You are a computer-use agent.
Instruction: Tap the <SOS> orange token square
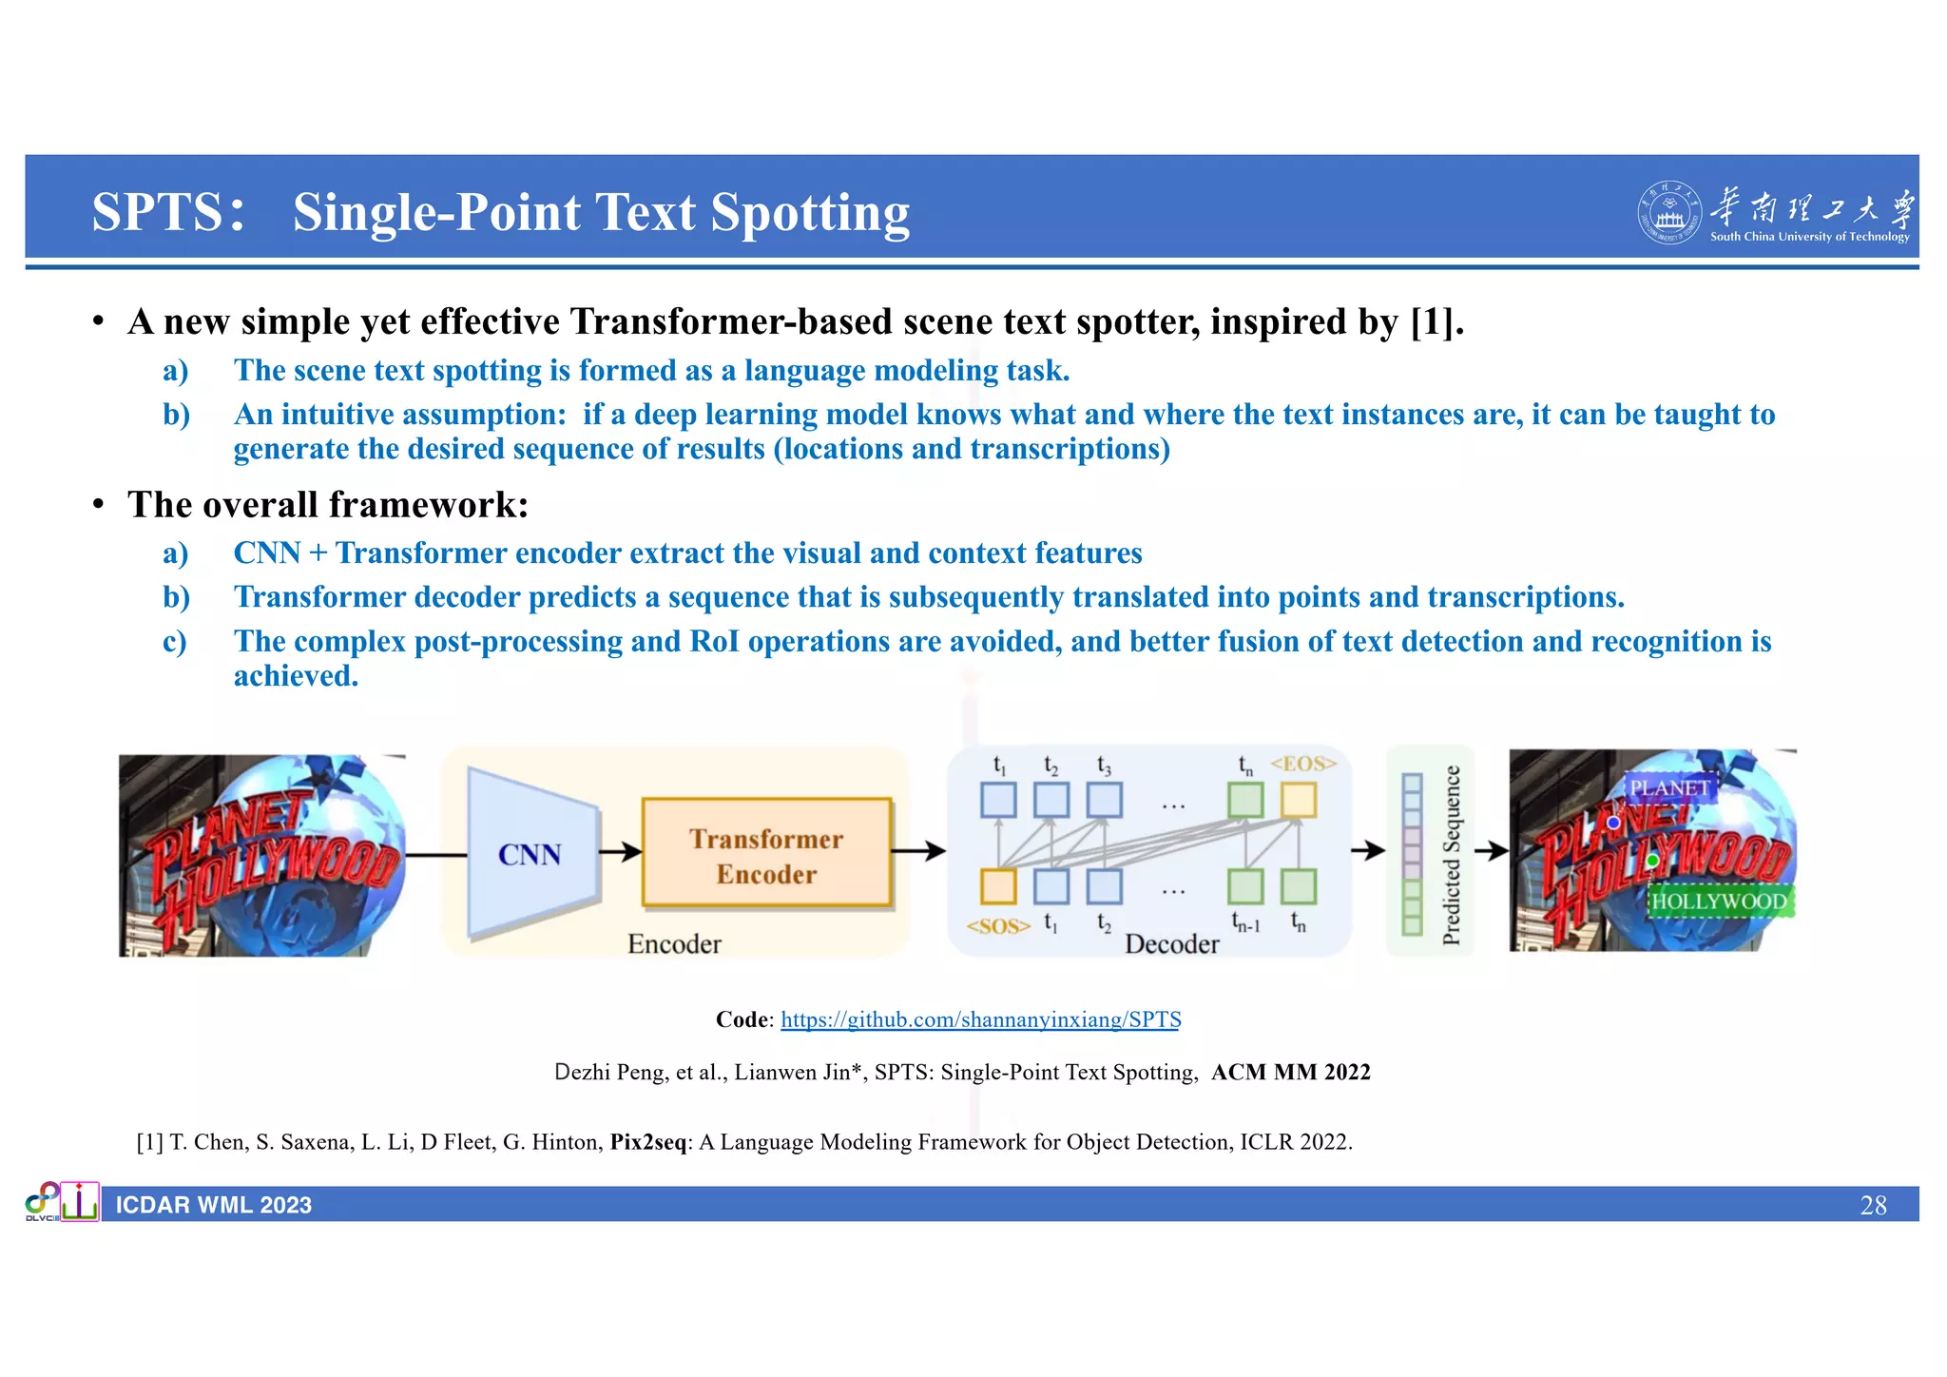click(998, 885)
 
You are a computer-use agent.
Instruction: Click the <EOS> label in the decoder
click(1303, 763)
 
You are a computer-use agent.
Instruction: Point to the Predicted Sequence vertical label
click(1451, 854)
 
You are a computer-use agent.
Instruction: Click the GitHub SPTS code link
click(980, 1019)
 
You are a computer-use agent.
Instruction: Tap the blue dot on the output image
click(1613, 822)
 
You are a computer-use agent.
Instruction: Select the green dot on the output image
click(1652, 861)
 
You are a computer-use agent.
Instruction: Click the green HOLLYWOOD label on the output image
click(1719, 901)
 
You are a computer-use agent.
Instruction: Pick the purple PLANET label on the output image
click(1670, 787)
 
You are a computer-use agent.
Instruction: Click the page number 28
click(1872, 1205)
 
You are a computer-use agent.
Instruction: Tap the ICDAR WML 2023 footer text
click(214, 1205)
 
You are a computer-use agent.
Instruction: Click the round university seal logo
click(1667, 213)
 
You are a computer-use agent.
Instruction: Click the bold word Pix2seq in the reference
click(648, 1141)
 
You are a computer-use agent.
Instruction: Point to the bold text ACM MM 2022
click(1290, 1072)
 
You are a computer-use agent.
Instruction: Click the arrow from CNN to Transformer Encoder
click(620, 851)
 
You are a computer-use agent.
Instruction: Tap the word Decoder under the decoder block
click(1171, 943)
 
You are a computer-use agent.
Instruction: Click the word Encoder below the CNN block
click(674, 943)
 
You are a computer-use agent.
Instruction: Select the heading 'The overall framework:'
click(328, 504)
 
